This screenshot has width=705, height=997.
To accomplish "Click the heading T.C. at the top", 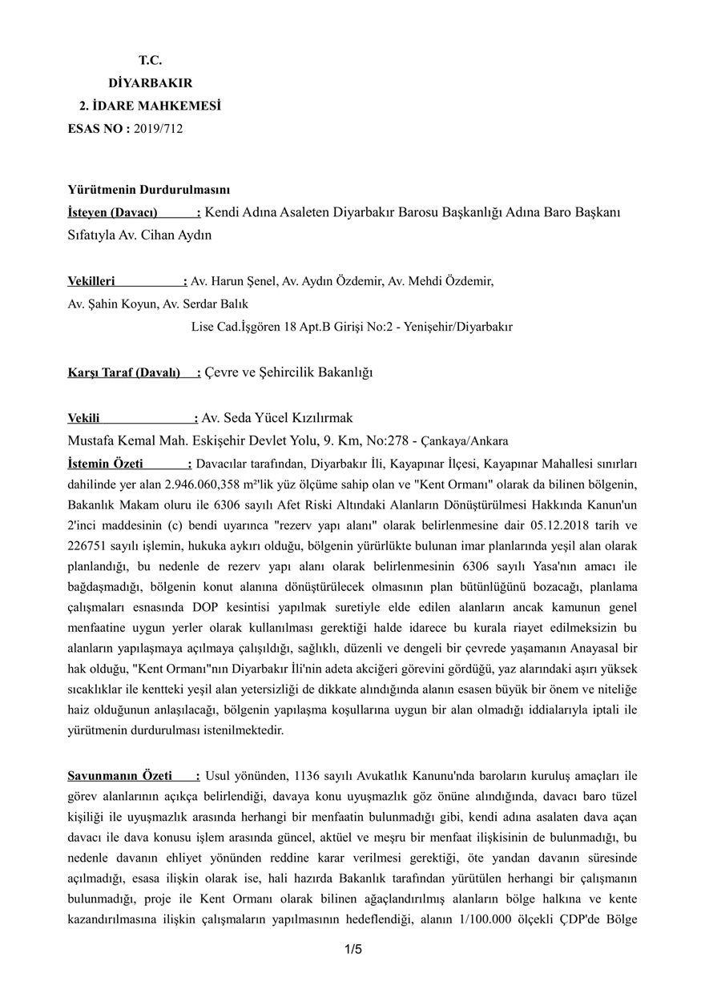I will point(150,60).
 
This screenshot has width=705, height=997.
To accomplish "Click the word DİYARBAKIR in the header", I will point(150,82).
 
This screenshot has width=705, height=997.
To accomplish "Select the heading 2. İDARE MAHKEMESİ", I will point(150,105).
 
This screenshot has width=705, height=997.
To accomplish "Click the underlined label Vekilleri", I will point(91,281).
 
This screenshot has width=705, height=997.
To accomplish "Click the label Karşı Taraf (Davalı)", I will point(124,372).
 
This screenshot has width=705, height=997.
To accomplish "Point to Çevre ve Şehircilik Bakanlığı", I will point(288,372).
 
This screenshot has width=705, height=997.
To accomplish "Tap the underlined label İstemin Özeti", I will point(105,464).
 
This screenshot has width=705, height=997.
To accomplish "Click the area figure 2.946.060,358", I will point(201,484).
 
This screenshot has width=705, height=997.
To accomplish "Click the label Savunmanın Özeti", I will point(119,776).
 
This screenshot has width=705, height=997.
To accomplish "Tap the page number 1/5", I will point(353,950).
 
